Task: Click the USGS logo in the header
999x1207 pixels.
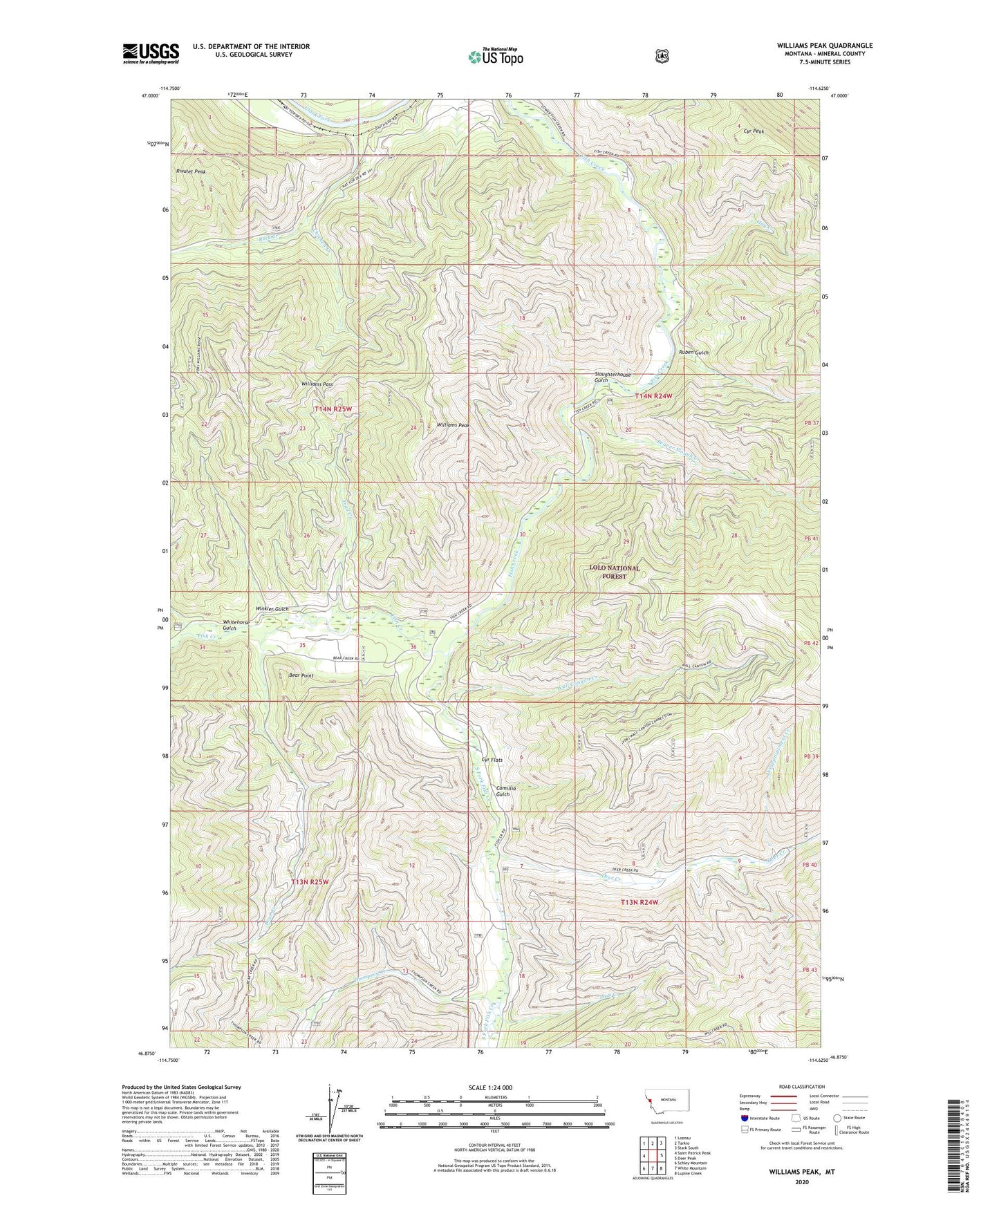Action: (151, 53)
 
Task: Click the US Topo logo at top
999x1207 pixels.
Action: (494, 57)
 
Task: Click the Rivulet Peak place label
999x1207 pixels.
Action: (191, 171)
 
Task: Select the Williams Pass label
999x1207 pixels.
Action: (317, 384)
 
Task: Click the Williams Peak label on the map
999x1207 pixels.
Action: (454, 425)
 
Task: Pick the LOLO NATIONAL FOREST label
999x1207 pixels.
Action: (615, 572)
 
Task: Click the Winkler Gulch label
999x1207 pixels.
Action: (272, 608)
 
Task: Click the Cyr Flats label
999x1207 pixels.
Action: (492, 760)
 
